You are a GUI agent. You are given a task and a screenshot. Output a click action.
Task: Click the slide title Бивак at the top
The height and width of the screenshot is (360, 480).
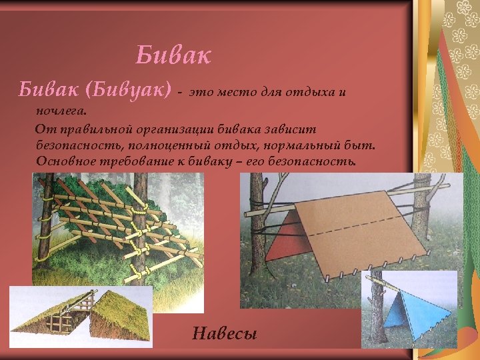173,55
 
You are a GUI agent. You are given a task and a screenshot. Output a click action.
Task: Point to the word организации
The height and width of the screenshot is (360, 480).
170,129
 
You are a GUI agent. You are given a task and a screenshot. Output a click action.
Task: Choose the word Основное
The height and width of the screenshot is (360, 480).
67,161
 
